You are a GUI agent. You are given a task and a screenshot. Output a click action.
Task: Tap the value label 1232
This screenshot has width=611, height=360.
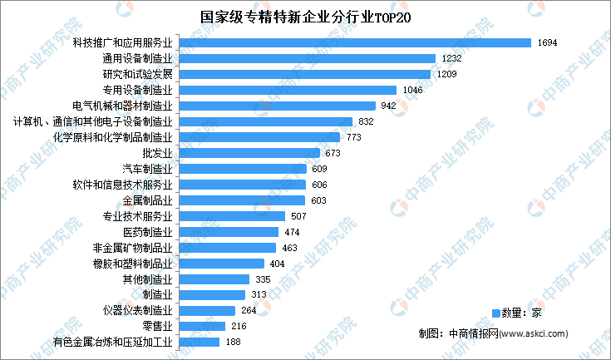[451, 58]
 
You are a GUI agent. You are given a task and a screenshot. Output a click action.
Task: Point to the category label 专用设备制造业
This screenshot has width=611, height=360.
[137, 90]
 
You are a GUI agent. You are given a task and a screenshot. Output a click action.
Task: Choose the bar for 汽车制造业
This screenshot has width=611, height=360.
[242, 169]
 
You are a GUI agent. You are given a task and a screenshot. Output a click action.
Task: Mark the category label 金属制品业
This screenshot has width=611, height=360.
[147, 200]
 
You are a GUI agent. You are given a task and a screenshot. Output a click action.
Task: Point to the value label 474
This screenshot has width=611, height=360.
[292, 232]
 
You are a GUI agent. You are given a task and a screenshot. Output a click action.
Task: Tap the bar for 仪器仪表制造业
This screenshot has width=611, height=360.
[207, 311]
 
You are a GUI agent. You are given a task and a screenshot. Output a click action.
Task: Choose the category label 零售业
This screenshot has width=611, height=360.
[157, 327]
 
